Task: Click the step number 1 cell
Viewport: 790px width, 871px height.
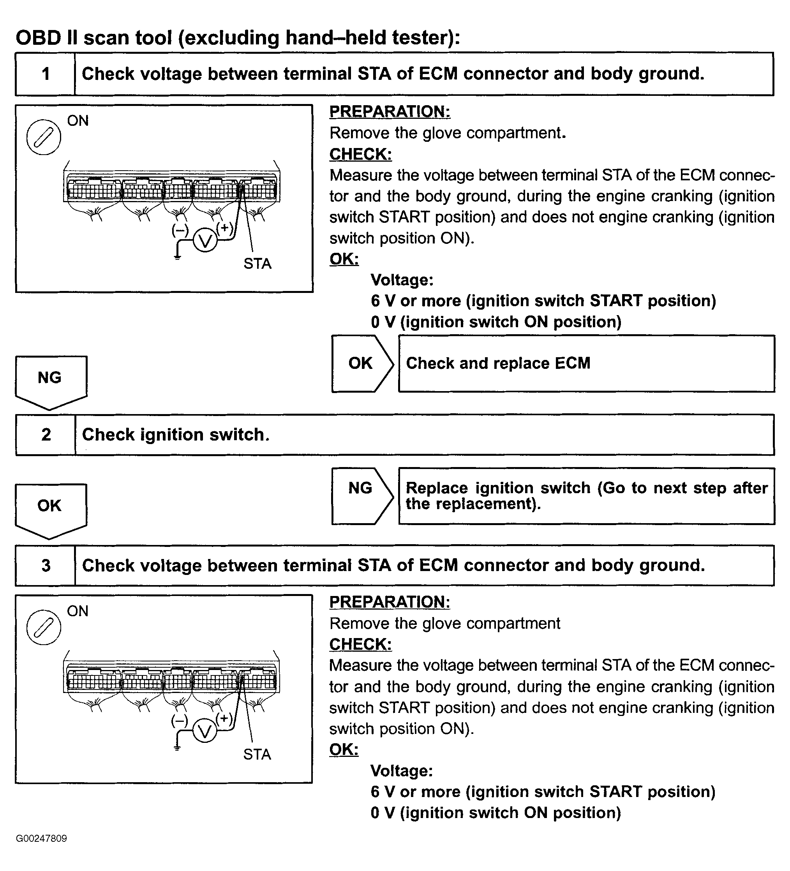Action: point(45,74)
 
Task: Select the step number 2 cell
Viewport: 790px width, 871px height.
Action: point(46,435)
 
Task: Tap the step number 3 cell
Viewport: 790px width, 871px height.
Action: point(46,566)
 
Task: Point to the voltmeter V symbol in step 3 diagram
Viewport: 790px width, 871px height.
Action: point(205,731)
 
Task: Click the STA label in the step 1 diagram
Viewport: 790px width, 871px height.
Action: point(257,264)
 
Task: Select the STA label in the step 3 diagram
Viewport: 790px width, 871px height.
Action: point(257,755)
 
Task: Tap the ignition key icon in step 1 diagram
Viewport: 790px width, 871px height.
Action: point(44,137)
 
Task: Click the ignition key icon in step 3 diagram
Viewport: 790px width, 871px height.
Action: point(44,627)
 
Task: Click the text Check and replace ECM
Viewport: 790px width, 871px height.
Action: point(498,363)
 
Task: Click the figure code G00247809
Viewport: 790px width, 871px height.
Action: point(42,839)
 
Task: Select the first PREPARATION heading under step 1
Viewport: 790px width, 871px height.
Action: point(390,111)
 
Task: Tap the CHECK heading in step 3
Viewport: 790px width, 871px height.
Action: point(360,644)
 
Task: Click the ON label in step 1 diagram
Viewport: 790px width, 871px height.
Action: point(78,120)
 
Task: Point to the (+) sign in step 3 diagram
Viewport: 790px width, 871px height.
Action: point(224,718)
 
